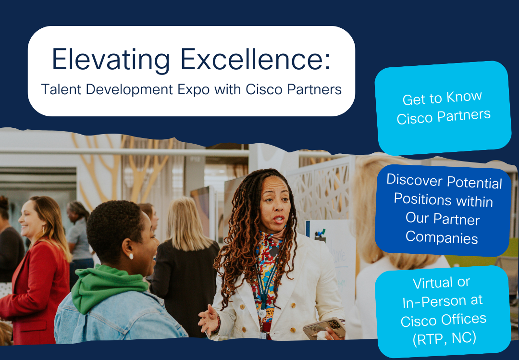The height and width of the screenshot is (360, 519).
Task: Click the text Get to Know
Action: [442, 99]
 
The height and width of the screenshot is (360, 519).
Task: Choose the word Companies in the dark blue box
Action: [442, 237]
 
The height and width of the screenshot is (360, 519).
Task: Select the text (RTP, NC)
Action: [444, 338]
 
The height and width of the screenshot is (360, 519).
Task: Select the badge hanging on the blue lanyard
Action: [262, 313]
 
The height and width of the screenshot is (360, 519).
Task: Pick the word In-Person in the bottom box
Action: [441, 302]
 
